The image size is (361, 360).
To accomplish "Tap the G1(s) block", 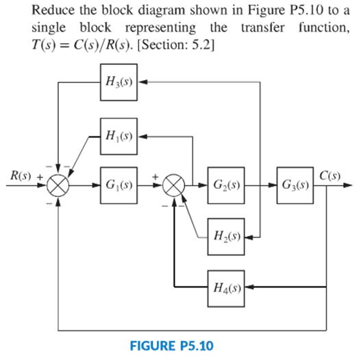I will (119, 185).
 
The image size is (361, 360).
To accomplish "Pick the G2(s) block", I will (227, 185).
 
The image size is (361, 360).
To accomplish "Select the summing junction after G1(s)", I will (174, 185).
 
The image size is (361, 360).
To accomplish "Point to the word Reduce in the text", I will (51, 12).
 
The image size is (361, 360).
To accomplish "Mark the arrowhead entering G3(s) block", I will (275, 185).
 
